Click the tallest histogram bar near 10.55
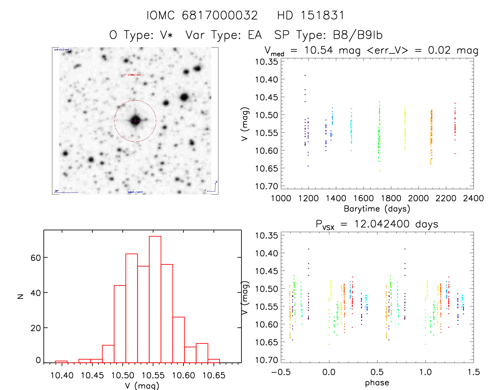point(155,299)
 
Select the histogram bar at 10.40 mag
point(61,362)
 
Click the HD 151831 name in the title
point(311,15)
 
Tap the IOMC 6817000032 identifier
point(202,15)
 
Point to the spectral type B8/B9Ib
point(357,35)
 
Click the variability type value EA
point(255,35)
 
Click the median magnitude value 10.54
point(319,50)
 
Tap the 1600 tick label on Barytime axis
point(364,198)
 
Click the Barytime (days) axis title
point(377,209)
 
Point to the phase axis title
point(377,383)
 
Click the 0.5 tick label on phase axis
point(377,372)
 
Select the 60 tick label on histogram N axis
point(36,258)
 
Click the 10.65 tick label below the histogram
point(214,375)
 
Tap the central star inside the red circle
point(135,121)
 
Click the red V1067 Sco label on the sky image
point(132,75)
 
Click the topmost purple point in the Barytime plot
point(305,75)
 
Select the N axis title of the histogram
point(21,296)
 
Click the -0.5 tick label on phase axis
point(281,372)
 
